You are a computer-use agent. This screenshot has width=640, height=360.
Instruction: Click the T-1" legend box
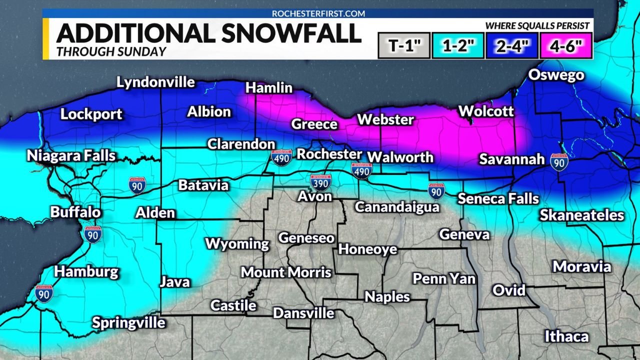coord(404,46)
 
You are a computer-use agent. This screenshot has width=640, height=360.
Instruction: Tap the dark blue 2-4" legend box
coord(512,46)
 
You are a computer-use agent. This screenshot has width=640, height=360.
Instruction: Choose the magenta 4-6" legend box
coord(566,46)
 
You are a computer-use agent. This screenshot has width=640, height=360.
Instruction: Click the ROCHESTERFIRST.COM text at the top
coord(318,13)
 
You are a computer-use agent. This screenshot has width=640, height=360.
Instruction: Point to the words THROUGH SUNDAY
coord(111,51)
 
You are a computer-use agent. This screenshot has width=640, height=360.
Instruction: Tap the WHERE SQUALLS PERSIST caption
coord(537,26)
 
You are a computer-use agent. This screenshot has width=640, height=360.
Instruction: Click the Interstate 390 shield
coord(319,182)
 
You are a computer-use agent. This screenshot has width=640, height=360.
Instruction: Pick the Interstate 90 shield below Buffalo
coord(93,233)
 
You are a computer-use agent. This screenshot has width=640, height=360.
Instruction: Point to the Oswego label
coord(556,75)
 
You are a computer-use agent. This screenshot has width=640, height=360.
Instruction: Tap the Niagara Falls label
coord(71,155)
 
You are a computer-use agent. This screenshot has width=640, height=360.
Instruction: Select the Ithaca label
coord(566,336)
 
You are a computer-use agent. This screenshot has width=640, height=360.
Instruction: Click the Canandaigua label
coord(397,206)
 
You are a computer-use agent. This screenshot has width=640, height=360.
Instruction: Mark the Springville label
coord(128,322)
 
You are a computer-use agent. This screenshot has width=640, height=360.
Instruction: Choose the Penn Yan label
coord(443,278)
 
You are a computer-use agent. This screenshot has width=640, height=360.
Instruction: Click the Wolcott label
coord(486,111)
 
